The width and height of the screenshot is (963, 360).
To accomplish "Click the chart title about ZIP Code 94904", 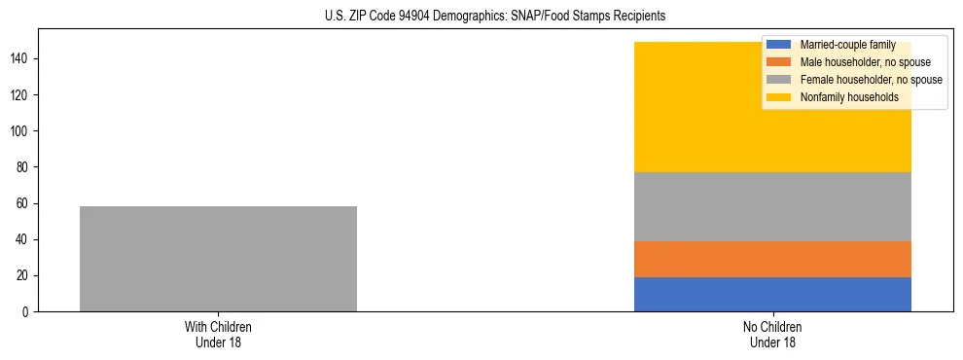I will pos(481,17).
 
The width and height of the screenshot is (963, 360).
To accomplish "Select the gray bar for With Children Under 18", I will pos(218,259).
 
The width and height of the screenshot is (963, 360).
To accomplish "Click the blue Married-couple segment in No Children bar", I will pos(772,294).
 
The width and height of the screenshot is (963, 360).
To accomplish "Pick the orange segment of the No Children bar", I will pos(772,259).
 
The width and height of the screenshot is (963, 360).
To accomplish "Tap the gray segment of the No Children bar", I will pos(772,206).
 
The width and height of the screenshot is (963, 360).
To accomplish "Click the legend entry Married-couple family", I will pos(843,45).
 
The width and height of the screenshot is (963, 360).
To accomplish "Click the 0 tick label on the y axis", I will pos(27,312).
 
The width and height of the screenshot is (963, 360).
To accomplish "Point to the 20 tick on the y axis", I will pos(24,276).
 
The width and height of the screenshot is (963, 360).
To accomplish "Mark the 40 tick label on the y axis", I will pos(24,240).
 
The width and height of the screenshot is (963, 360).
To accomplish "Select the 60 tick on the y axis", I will pos(24,203).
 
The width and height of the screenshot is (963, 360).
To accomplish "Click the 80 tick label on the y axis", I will pos(24,167).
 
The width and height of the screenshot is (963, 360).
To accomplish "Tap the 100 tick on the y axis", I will pos(21,131).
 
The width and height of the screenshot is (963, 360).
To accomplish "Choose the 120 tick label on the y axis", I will pos(21,95).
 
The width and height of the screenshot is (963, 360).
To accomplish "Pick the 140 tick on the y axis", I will pos(21,59).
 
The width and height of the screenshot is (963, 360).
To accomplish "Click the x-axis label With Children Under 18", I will pos(218,334).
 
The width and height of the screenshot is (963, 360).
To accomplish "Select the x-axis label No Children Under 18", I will pos(772,334).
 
